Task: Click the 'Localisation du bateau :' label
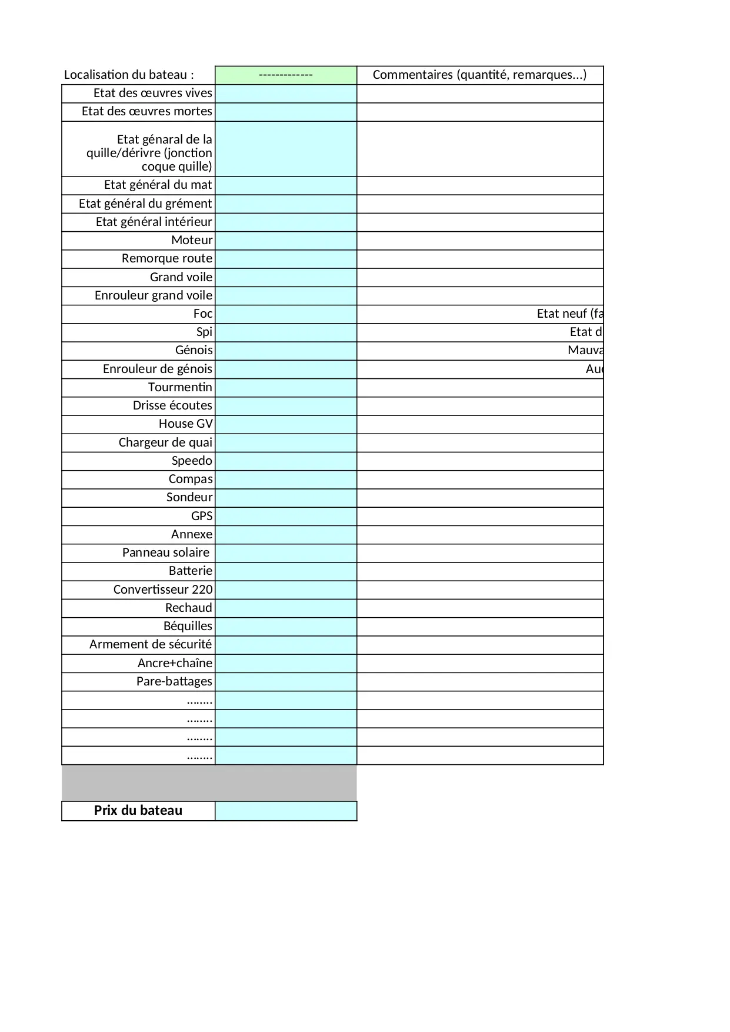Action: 129,75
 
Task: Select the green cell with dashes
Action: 286,75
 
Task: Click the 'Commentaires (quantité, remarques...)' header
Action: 479,75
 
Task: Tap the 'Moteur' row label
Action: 192,240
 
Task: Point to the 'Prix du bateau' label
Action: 138,810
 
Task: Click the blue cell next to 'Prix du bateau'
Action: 286,811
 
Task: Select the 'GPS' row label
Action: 202,516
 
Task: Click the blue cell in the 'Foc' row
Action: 286,314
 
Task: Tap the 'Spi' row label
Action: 204,332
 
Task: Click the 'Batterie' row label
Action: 191,571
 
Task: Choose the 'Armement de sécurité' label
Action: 151,644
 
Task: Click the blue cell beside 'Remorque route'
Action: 286,259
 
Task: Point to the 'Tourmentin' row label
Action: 180,387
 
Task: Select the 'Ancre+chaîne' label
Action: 175,663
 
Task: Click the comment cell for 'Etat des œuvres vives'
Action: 479,94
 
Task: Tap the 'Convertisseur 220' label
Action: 163,590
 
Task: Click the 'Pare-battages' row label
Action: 174,681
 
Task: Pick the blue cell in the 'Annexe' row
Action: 286,535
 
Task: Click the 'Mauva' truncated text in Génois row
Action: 585,350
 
